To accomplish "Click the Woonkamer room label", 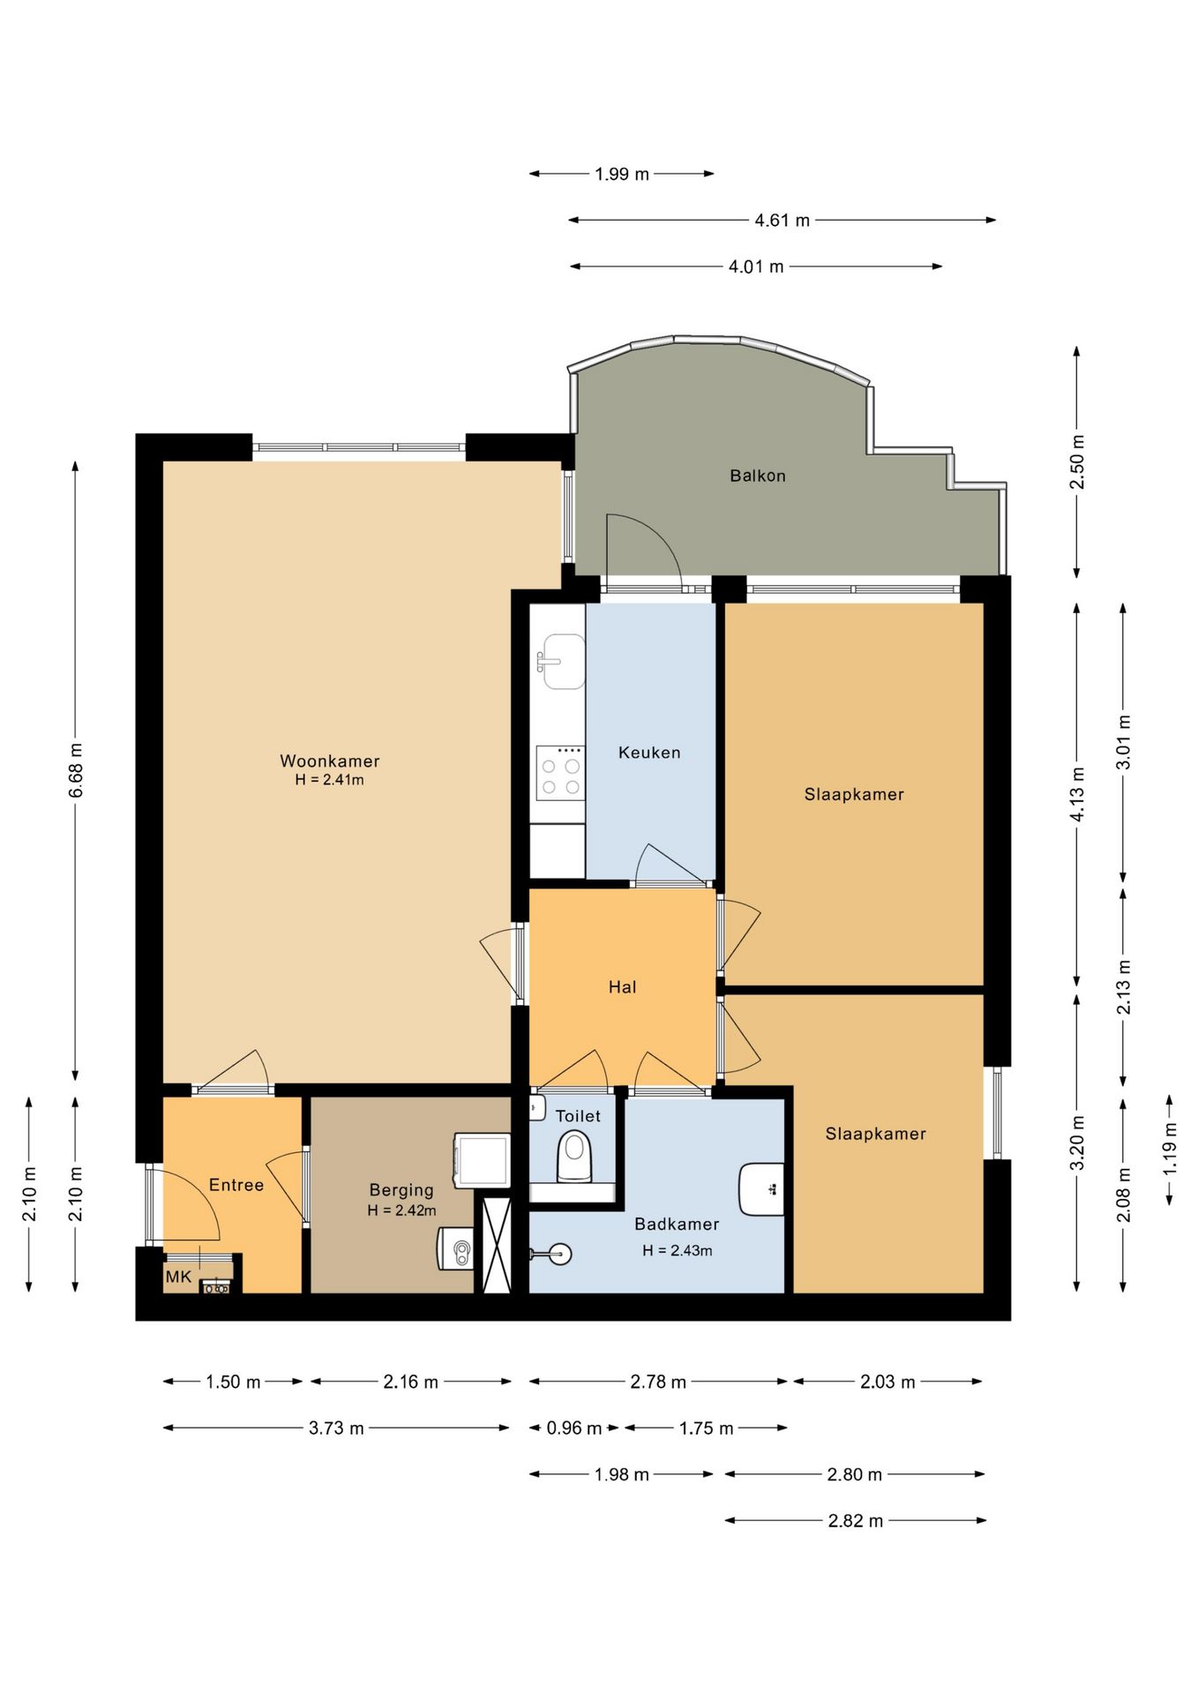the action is tap(330, 761).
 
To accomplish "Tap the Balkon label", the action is tap(758, 476).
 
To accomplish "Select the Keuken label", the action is tap(649, 753).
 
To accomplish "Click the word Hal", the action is tap(622, 987).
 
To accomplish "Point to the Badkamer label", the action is tap(677, 1224).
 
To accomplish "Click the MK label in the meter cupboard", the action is tap(178, 1277).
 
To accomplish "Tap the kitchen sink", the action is tap(562, 661).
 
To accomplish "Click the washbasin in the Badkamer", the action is tap(761, 1189).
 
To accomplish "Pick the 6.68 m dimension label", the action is tap(76, 770).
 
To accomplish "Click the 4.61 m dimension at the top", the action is tap(782, 221).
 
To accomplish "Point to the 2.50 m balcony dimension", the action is tap(1077, 461).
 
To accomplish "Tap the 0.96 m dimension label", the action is tap(574, 1428).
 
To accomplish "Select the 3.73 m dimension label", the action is tap(336, 1428).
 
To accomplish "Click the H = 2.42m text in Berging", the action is tap(401, 1211).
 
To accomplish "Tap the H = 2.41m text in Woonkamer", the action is tap(329, 780).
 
